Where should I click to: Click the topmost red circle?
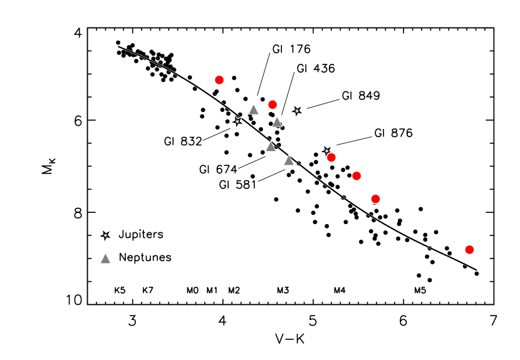click(x=219, y=80)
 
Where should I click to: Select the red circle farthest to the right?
click(x=469, y=250)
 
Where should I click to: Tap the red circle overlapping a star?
click(x=331, y=157)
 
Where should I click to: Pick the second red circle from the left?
click(x=273, y=105)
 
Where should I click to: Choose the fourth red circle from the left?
click(x=356, y=176)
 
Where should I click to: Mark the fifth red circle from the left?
click(x=375, y=199)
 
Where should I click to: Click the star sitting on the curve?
click(x=237, y=121)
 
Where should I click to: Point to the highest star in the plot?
click(x=297, y=111)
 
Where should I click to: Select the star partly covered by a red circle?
click(x=326, y=150)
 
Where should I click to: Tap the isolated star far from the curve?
click(x=105, y=235)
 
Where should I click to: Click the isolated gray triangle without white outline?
click(x=105, y=259)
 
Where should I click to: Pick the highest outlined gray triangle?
click(x=254, y=110)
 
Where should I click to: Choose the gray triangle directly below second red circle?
click(x=277, y=122)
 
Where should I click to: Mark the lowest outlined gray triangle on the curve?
click(x=289, y=161)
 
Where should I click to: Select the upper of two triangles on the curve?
click(x=271, y=147)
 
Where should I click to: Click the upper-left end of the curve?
click(x=118, y=46)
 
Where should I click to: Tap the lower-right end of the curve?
click(x=477, y=269)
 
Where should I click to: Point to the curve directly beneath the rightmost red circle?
click(x=469, y=266)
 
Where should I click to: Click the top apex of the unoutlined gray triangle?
click(x=105, y=254)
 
